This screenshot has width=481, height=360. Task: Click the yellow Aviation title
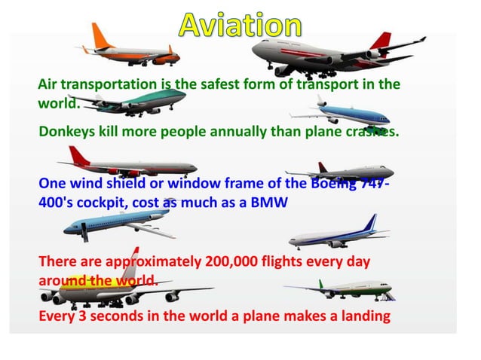click(x=240, y=25)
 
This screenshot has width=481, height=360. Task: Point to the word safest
click(x=220, y=84)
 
